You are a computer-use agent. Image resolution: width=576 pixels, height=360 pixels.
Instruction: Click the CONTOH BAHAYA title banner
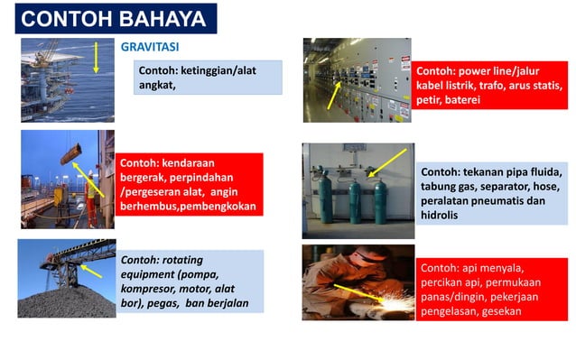click(113, 19)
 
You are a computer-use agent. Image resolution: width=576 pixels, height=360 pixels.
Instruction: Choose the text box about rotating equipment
click(190, 282)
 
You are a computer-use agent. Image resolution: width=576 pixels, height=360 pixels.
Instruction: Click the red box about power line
click(488, 86)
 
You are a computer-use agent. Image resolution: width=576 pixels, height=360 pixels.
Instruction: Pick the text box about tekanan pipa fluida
click(491, 193)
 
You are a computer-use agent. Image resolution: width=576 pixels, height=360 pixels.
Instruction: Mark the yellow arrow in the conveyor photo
click(89, 269)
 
